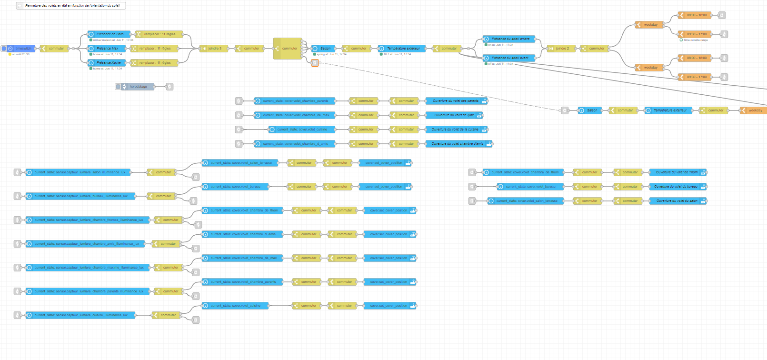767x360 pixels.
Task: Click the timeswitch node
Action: coord(21,49)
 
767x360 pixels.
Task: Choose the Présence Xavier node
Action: coord(109,63)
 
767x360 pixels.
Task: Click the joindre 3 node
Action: coord(214,49)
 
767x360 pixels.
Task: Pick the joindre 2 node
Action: coord(562,49)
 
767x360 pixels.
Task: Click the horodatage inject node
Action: coord(138,87)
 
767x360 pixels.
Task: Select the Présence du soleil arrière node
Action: coord(510,39)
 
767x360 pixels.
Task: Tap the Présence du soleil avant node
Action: coord(510,58)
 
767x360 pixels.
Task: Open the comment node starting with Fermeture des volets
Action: coord(71,6)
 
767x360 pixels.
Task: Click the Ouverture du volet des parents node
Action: coord(456,101)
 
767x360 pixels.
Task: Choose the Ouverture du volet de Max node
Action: coord(454,115)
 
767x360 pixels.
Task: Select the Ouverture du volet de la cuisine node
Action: coord(455,130)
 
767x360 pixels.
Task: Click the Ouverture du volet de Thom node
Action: coord(677,172)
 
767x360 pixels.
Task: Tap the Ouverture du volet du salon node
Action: coord(677,201)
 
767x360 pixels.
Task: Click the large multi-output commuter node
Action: coord(288,49)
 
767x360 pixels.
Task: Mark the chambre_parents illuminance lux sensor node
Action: coord(88,291)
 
